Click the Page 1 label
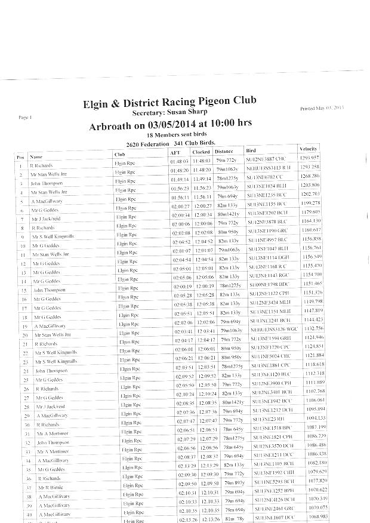click(x=25, y=117)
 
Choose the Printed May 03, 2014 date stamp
click(x=322, y=108)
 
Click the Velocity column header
click(x=309, y=149)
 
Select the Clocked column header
click(x=201, y=152)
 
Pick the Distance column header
click(x=224, y=152)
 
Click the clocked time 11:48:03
click(x=202, y=161)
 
